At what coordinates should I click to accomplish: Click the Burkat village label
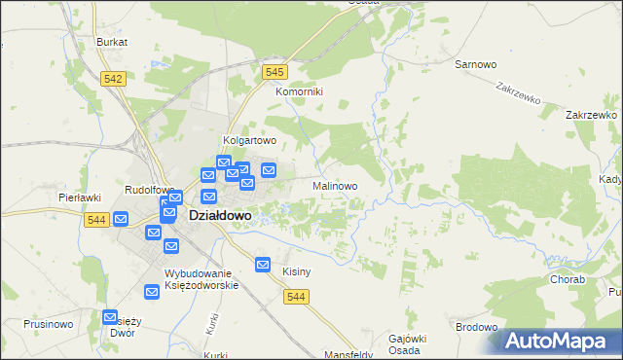coord(112,43)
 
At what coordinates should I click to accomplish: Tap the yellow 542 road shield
coord(113,78)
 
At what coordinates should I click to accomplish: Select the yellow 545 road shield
coord(275,72)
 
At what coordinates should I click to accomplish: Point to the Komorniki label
coord(299,91)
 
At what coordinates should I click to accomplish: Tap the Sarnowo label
coord(476,64)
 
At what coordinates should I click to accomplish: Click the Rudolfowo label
coord(149,190)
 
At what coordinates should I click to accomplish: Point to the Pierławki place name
coord(80,198)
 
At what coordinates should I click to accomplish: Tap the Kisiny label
coord(296,271)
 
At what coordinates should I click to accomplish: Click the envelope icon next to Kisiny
coord(262,264)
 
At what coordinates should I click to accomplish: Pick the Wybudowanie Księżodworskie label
coord(202,279)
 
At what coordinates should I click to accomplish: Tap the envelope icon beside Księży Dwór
coord(110,318)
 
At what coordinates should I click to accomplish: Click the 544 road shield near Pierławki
coord(95,220)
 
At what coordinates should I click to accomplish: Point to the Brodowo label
coord(477,327)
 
